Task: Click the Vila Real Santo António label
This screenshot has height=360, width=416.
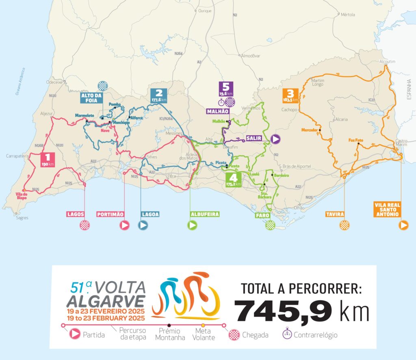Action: [386, 209]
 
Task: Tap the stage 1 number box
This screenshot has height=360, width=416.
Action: [48, 159]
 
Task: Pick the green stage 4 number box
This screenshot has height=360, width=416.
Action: [233, 179]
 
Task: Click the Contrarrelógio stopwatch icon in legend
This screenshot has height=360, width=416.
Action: [287, 334]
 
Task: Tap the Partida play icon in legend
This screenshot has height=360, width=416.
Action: [75, 334]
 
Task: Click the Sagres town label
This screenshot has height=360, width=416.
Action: [22, 218]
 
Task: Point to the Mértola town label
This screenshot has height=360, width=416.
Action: [348, 15]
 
